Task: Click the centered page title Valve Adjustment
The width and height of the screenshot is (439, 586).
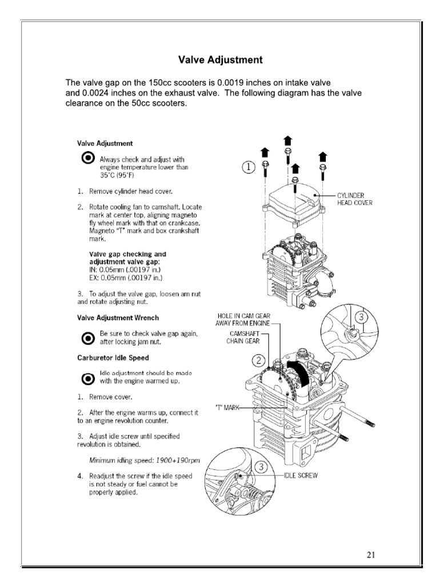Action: pos(220,60)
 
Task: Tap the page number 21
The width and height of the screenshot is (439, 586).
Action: pos(372,554)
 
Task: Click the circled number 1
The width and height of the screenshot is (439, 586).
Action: pos(248,167)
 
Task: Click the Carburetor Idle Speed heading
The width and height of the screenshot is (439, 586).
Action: pos(113,358)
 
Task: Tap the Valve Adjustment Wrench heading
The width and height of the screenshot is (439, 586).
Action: pos(118,317)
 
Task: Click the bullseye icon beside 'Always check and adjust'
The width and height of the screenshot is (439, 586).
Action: pos(87,159)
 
